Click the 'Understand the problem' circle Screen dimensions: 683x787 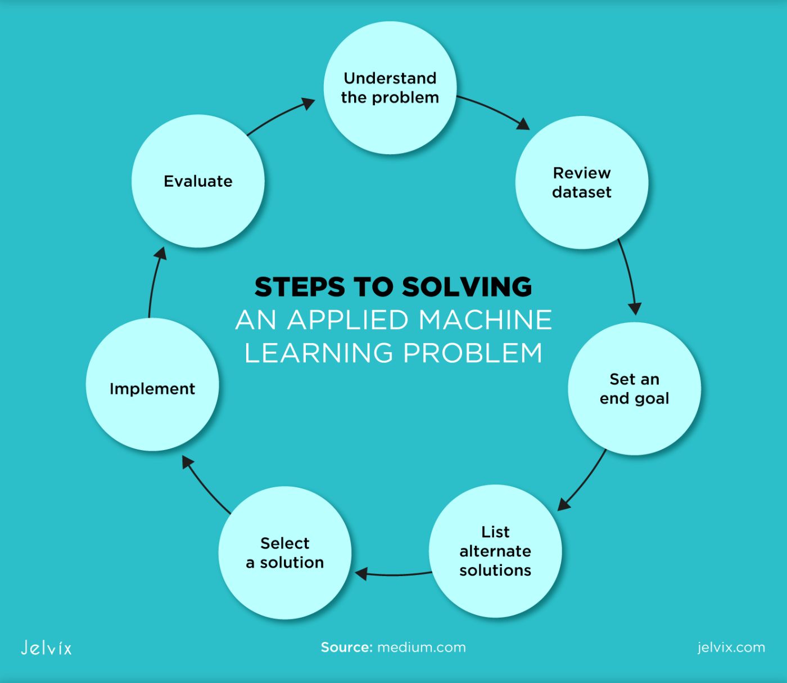click(x=390, y=88)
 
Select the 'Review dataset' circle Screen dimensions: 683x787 click(x=582, y=182)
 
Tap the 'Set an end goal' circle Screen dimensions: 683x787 click(x=634, y=388)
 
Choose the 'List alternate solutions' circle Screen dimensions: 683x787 click(x=495, y=551)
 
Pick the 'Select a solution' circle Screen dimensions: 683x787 click(x=285, y=552)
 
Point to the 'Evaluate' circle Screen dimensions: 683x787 click(x=198, y=181)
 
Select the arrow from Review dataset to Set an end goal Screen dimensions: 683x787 click(x=629, y=276)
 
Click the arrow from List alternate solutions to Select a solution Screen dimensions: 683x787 click(x=393, y=574)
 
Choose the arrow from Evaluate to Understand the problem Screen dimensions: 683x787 click(x=281, y=115)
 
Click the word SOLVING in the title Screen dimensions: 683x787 click(x=467, y=287)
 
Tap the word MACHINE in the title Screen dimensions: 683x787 click(x=485, y=320)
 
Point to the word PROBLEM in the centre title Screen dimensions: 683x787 click(x=472, y=353)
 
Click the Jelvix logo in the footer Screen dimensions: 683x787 click(x=46, y=648)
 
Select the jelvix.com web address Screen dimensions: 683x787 click(x=731, y=648)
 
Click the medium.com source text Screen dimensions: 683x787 click(x=421, y=648)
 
